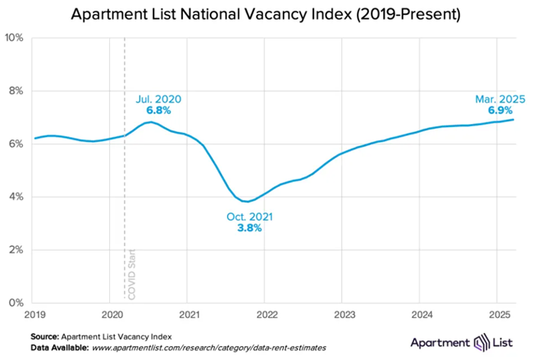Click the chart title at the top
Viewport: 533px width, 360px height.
point(267,14)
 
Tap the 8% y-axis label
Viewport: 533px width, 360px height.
point(16,90)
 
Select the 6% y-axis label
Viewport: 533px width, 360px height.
point(16,144)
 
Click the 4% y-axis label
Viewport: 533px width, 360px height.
point(16,197)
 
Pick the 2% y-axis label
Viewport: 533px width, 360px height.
point(16,249)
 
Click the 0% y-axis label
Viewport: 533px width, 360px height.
point(16,303)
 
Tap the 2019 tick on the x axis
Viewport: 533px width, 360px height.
point(34,314)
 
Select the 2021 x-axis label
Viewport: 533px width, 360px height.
point(189,314)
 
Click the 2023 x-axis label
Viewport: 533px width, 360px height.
point(344,314)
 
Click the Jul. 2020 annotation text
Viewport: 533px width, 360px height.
point(158,99)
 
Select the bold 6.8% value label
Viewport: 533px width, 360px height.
point(158,111)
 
